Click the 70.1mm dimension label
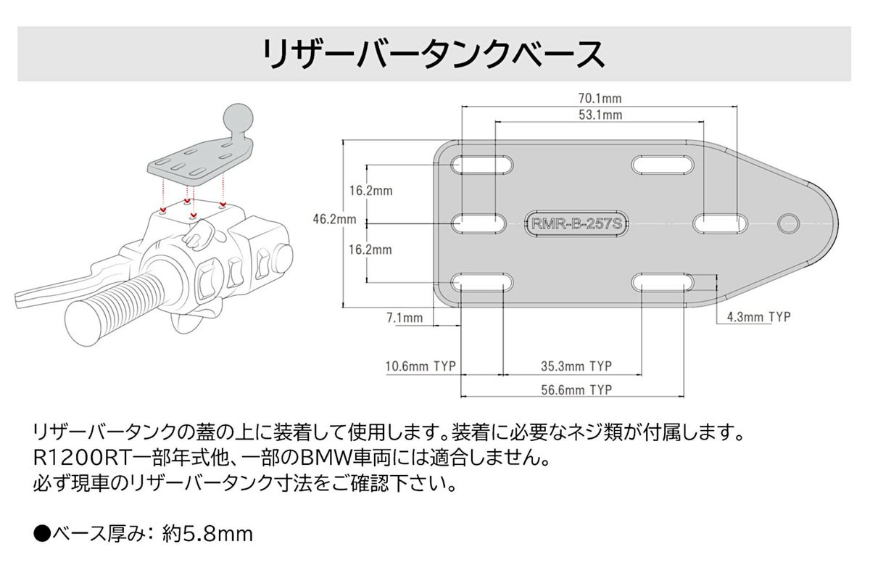[600, 98]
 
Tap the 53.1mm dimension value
[600, 115]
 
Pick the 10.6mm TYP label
[420, 366]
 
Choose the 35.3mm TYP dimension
[576, 366]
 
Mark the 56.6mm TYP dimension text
[576, 390]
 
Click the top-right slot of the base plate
[661, 165]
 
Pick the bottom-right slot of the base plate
[661, 282]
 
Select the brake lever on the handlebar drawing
[43, 294]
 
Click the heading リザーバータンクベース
[434, 54]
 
